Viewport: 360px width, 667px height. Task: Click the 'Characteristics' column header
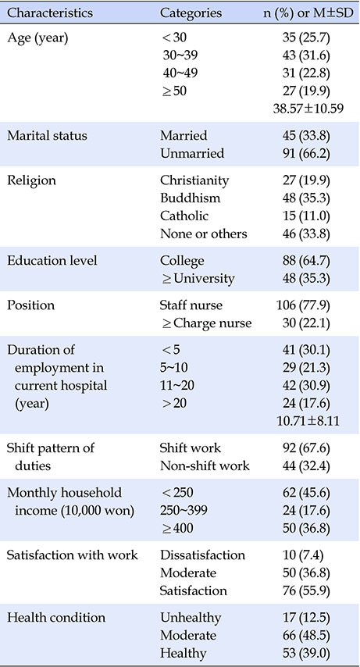coord(50,12)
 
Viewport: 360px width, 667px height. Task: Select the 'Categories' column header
coord(191,13)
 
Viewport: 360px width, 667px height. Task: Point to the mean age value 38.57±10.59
coord(308,109)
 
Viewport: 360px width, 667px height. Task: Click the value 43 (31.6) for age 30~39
coord(309,55)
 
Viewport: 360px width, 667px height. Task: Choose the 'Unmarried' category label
coord(192,153)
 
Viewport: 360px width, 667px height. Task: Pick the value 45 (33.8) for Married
coord(309,135)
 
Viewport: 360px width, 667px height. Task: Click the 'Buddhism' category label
coord(191,198)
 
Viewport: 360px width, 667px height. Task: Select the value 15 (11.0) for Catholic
coord(309,216)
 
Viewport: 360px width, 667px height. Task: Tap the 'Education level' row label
coord(52,260)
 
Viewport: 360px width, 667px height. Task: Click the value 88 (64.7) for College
coord(309,260)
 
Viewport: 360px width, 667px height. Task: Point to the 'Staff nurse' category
coord(191,305)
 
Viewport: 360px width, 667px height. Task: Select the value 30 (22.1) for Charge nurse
coord(309,323)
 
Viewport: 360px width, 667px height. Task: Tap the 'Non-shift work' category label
coord(205,465)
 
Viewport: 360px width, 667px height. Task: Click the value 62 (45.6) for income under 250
coord(309,493)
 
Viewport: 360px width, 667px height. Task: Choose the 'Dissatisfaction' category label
coord(203,555)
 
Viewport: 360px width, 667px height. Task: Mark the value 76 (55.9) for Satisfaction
coord(309,591)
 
